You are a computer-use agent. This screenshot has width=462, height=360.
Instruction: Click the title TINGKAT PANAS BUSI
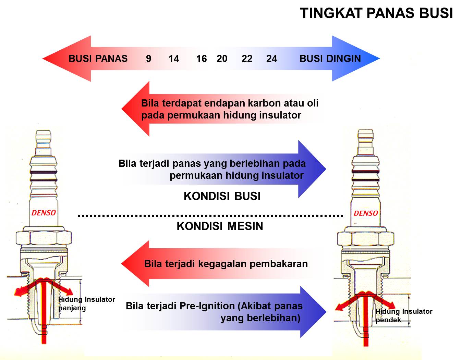click(376, 13)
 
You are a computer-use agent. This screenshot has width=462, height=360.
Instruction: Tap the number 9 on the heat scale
click(148, 59)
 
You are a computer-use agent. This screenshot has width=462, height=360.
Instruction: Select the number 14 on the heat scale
click(174, 59)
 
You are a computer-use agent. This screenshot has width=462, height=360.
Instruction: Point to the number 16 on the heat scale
click(202, 59)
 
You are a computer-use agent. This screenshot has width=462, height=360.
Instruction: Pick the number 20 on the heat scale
click(222, 59)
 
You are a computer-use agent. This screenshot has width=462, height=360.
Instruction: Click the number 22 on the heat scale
click(247, 59)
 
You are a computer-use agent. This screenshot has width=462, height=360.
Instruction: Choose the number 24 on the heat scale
click(271, 59)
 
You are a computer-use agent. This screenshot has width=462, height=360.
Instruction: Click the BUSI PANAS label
click(98, 59)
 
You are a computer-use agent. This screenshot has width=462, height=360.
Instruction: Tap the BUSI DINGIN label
click(330, 59)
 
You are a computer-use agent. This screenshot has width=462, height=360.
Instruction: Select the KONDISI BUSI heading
click(222, 196)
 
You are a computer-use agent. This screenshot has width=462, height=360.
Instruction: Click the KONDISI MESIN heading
click(220, 226)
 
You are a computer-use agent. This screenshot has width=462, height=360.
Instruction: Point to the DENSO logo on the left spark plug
click(44, 213)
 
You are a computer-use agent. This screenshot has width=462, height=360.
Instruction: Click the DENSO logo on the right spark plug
click(366, 213)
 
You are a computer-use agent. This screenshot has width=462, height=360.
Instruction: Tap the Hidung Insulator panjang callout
click(86, 303)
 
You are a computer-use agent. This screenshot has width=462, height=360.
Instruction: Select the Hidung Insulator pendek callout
click(404, 315)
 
